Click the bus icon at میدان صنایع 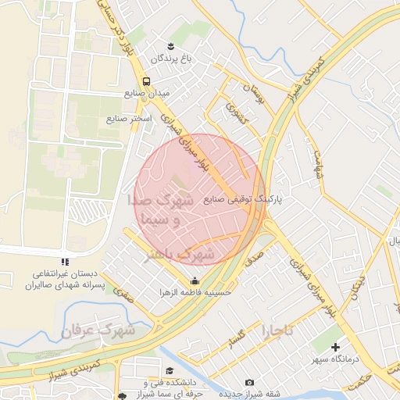pyautogui.click(x=146, y=81)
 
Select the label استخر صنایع pyautogui.click(x=130, y=119)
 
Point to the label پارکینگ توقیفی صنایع pyautogui.click(x=244, y=199)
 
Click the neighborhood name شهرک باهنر pyautogui.click(x=180, y=253)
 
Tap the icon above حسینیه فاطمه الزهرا pyautogui.click(x=194, y=281)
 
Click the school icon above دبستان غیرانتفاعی pyautogui.click(x=65, y=262)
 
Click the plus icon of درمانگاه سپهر pyautogui.click(x=336, y=347)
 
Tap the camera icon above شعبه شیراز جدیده pyautogui.click(x=249, y=382)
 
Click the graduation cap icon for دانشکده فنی pyautogui.click(x=170, y=371)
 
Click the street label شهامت pyautogui.click(x=318, y=164)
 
